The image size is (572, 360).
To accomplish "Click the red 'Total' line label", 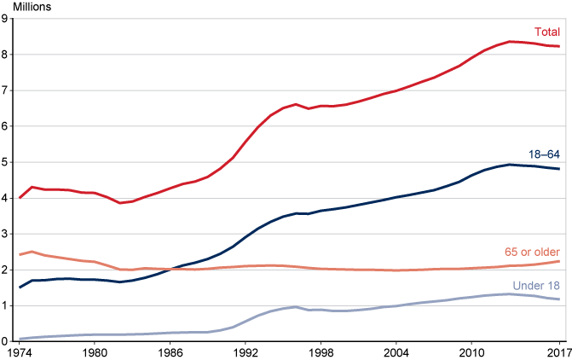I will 546,32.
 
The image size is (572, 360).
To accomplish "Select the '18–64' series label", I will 543,154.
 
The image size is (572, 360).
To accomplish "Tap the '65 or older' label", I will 533,251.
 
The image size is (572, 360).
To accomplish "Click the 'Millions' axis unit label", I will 31,7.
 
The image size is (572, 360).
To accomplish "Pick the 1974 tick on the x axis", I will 19,351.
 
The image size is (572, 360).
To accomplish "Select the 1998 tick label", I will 321,351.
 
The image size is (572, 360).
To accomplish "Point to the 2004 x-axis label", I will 396,351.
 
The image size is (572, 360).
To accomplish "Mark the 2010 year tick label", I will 471,351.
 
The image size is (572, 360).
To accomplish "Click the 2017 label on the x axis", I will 558,351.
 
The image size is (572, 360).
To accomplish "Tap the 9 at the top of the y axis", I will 5,19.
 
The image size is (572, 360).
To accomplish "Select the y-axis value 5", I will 5,161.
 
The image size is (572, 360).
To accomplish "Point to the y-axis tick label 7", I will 5,90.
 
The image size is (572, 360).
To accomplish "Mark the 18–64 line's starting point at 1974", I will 19,287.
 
